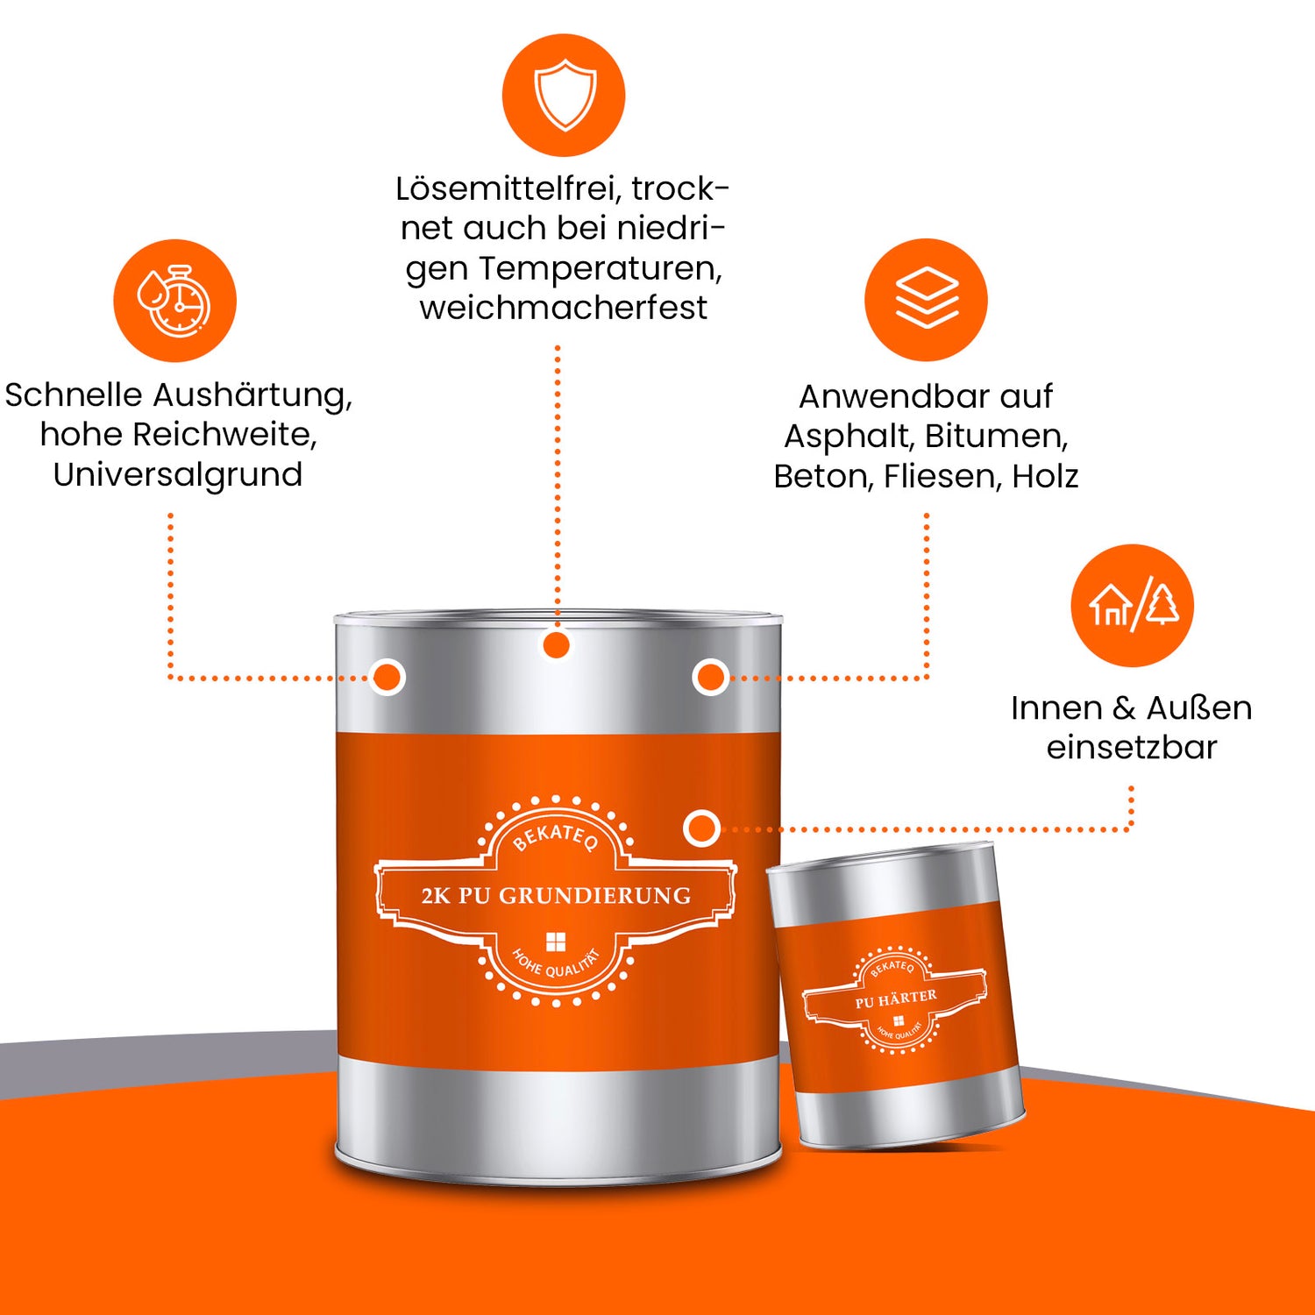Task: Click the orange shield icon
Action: tap(564, 95)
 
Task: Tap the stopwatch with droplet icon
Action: tap(174, 300)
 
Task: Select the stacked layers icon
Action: tap(926, 299)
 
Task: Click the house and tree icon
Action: tap(1132, 605)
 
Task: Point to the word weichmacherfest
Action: tap(564, 308)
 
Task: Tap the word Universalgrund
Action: tap(178, 475)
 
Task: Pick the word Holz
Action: tap(1045, 476)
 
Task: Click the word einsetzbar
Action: tap(1132, 748)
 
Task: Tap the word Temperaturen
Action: tap(601, 268)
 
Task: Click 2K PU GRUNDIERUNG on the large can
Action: tap(556, 896)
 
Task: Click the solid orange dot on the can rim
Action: tap(556, 646)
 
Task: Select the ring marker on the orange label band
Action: tap(701, 828)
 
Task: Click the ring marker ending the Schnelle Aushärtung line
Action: tap(387, 677)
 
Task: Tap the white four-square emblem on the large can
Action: tap(556, 942)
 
